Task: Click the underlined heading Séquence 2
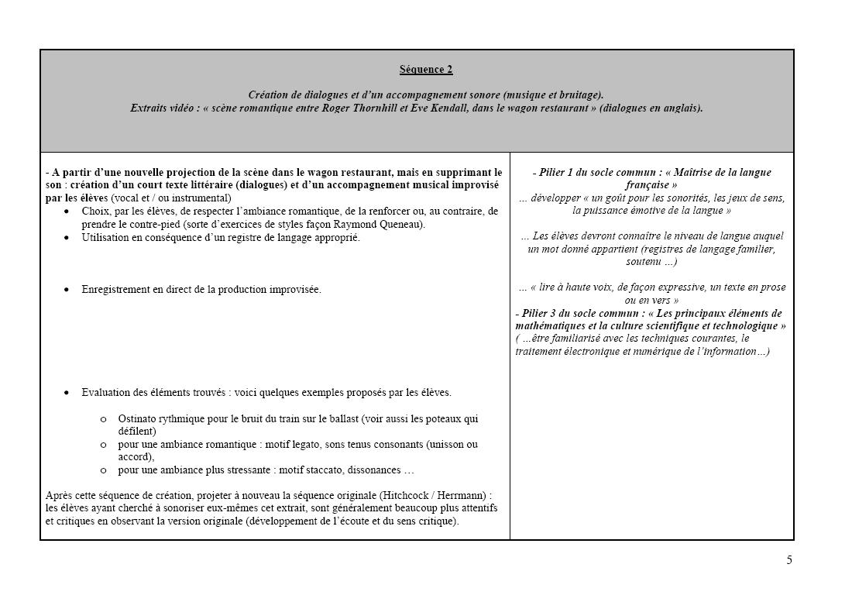tap(426, 70)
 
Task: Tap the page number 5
tap(789, 560)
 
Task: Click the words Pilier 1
tap(556, 173)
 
